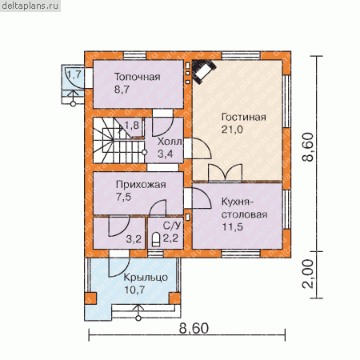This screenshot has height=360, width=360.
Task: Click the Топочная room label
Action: [138, 77]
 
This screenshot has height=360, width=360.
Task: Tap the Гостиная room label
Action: [244, 117]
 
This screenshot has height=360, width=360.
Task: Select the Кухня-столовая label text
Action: [244, 208]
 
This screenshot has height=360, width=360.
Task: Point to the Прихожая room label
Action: [141, 185]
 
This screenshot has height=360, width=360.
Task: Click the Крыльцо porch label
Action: [146, 278]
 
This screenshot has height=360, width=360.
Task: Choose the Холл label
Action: [170, 142]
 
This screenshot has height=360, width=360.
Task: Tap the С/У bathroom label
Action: [172, 226]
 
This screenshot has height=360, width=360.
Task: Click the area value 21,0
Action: [232, 130]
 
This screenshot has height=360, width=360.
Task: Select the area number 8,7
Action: [122, 90]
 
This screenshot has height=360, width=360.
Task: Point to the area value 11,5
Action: [232, 227]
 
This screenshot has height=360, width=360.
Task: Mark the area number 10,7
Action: [134, 290]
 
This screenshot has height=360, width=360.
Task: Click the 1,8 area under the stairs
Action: [132, 125]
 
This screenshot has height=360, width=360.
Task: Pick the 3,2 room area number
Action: [134, 239]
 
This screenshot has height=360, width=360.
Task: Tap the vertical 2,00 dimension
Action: [308, 274]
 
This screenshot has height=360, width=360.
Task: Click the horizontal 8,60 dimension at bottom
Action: [194, 328]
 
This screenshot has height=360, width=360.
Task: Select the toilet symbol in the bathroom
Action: [156, 239]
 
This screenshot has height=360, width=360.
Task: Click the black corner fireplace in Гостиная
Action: [204, 71]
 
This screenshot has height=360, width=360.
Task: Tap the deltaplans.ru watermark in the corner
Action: [30, 6]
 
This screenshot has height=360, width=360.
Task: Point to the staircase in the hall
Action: [119, 141]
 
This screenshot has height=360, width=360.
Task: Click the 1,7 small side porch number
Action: [74, 74]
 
